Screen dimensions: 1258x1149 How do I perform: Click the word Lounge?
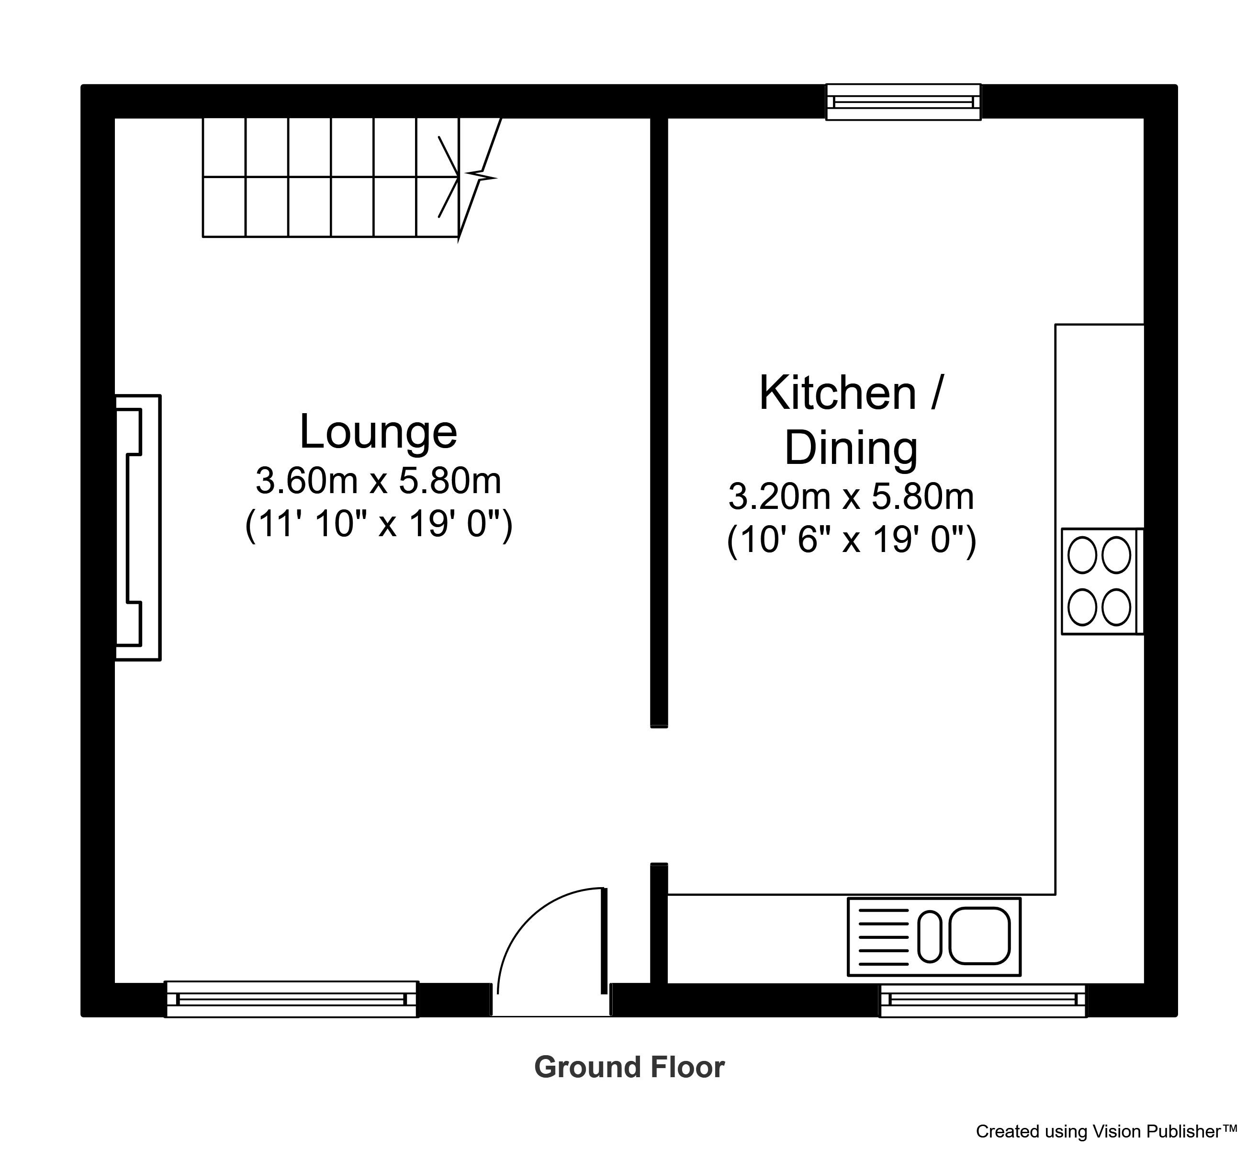coord(378,431)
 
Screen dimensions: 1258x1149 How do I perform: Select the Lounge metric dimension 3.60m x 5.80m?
coord(378,481)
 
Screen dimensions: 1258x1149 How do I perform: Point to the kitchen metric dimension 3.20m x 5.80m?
coord(851,497)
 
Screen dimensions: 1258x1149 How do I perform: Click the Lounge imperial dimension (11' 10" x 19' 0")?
coord(378,525)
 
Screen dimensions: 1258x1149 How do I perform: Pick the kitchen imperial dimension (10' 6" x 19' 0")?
coord(851,541)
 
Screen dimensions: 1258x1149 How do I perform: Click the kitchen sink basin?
coord(980,935)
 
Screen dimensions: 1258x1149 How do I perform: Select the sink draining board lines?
coord(884,935)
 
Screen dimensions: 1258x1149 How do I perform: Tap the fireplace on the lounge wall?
coord(138,528)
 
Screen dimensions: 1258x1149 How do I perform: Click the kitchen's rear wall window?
coord(903,101)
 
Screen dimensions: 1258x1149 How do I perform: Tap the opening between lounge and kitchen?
coord(659,795)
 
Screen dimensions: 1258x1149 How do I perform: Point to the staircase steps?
coord(331,177)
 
